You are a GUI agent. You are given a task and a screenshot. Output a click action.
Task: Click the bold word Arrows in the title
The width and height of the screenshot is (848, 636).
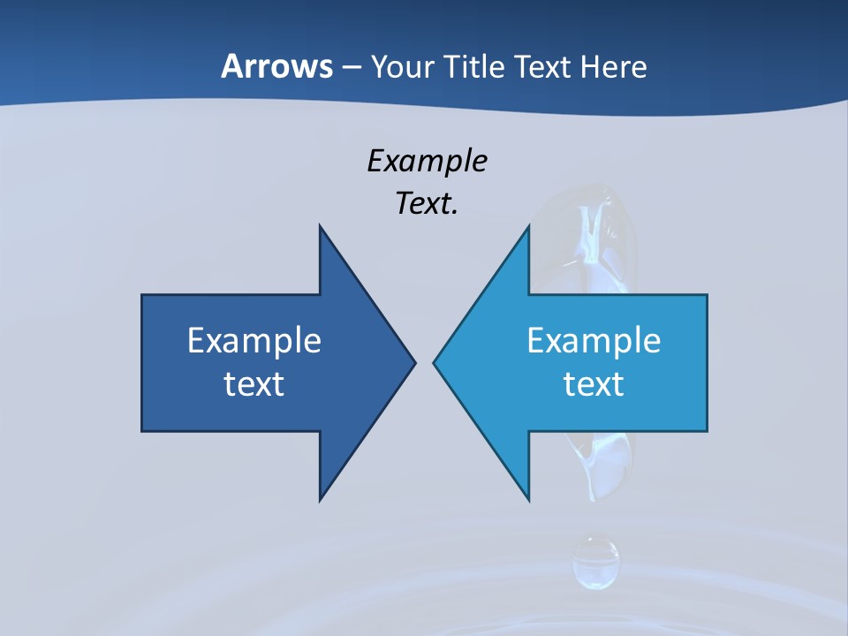276,66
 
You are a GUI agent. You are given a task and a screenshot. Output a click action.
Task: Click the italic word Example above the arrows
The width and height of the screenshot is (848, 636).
428,162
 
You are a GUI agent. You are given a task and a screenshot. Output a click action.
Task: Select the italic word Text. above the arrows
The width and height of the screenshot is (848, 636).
428,204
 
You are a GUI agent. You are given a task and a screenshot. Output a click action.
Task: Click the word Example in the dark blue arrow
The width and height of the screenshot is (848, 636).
254,340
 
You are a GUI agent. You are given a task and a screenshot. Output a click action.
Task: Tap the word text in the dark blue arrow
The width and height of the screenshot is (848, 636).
254,383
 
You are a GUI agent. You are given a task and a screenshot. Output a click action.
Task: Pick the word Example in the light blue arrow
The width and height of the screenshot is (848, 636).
594,340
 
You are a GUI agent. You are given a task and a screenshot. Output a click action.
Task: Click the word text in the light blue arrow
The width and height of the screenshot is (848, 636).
594,383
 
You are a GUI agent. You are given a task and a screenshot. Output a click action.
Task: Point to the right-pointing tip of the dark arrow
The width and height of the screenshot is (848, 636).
414,362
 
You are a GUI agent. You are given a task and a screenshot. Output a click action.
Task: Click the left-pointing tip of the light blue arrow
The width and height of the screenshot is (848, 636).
435,362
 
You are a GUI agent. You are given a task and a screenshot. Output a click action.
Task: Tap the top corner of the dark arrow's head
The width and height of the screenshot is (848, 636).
321,226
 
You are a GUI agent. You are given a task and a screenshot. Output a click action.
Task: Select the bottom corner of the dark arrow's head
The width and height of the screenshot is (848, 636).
321,500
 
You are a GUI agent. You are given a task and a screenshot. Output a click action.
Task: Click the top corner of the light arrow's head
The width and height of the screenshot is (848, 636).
528,226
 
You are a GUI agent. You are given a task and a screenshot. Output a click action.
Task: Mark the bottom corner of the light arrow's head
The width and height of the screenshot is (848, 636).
528,500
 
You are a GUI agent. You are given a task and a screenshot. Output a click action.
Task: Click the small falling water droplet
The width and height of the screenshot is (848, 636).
595,561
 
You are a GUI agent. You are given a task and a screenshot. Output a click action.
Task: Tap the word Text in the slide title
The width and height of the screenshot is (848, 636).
544,66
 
